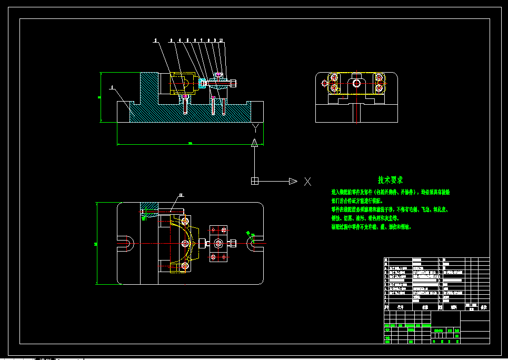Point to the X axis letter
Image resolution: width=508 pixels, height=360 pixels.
307,182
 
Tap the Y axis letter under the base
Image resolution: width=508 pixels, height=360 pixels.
255,127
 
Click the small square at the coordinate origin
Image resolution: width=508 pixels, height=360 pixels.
255,181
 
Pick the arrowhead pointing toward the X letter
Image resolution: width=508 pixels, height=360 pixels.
293,181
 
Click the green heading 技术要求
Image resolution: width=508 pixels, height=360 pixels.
390,180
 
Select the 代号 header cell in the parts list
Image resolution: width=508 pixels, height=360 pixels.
400,307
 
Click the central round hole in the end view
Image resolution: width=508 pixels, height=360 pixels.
357,83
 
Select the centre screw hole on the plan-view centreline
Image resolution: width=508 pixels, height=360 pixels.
185,243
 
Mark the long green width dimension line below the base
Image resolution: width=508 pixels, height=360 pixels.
190,144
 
